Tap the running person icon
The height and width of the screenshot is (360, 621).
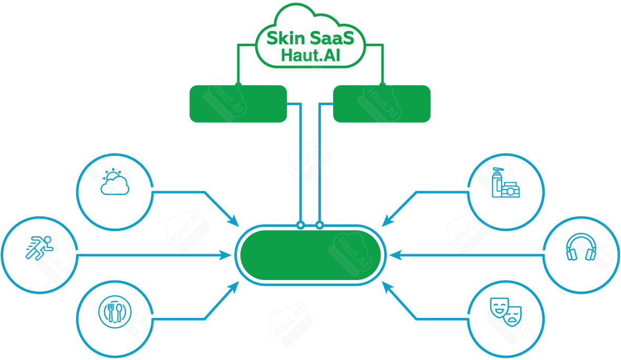39,248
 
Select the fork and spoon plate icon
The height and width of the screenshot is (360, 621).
115,312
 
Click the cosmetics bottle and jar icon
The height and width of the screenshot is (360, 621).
506,183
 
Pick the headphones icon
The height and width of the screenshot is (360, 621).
581,247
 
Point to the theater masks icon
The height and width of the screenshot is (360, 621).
506,312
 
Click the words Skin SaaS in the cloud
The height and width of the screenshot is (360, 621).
310,38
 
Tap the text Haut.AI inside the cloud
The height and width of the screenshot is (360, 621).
310,55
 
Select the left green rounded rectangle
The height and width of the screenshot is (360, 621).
238,104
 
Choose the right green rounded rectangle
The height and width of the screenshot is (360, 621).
382,104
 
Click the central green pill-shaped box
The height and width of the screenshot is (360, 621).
310,255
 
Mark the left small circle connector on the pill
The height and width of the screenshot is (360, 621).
301,225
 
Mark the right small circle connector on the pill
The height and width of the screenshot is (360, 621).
319,225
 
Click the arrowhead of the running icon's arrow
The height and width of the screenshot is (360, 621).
226,255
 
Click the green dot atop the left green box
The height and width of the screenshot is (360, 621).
238,85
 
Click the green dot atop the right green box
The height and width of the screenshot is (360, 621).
382,85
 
